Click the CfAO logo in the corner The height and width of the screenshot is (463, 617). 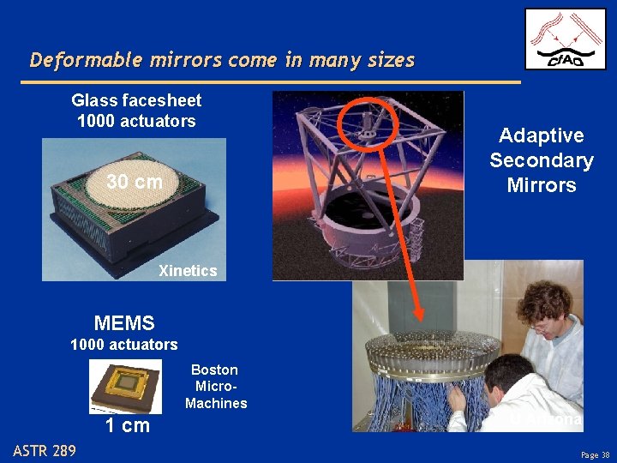pyautogui.click(x=565, y=39)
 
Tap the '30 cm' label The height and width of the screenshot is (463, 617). pyautogui.click(x=134, y=182)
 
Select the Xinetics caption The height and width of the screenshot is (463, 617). pyautogui.click(x=188, y=271)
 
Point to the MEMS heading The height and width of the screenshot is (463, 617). pyautogui.click(x=124, y=323)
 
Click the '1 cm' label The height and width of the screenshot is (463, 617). pyautogui.click(x=127, y=425)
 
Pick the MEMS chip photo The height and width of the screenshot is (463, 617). pyautogui.click(x=126, y=385)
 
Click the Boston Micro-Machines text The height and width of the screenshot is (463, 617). pyautogui.click(x=215, y=387)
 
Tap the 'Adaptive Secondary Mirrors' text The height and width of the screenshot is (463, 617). pyautogui.click(x=541, y=160)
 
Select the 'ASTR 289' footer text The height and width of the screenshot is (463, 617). pyautogui.click(x=45, y=451)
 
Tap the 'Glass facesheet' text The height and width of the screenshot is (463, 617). pyautogui.click(x=136, y=101)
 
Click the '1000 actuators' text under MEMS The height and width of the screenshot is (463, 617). pyautogui.click(x=123, y=345)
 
